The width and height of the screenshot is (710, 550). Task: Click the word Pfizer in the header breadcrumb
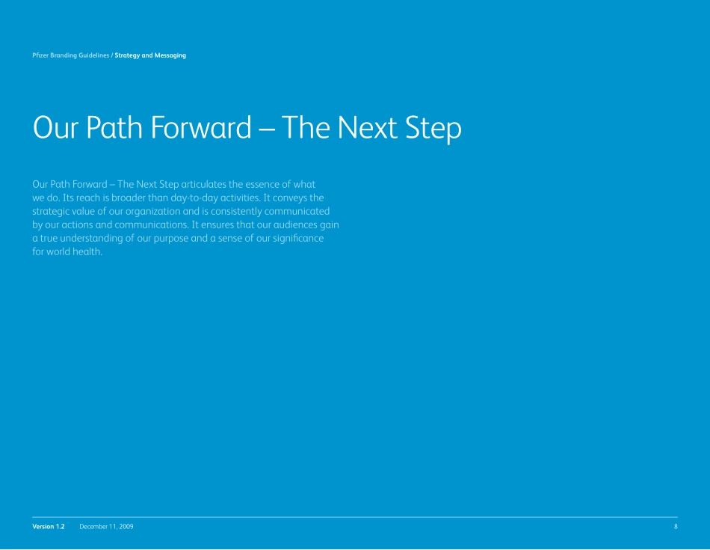pos(40,55)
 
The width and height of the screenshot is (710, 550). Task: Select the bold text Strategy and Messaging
pos(150,55)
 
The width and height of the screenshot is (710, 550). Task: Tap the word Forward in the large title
pos(200,127)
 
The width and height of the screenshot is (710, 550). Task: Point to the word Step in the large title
pos(433,128)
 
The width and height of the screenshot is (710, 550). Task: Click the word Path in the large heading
pos(114,127)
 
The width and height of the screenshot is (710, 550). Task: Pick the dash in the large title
pos(268,129)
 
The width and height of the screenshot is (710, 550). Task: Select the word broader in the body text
pos(129,198)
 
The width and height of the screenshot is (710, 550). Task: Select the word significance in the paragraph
pos(298,239)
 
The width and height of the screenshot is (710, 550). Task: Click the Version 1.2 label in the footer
pos(49,526)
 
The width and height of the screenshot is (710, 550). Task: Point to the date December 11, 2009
pos(106,526)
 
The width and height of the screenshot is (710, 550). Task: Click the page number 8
pos(676,526)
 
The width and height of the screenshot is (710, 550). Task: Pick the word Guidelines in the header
pos(93,55)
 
